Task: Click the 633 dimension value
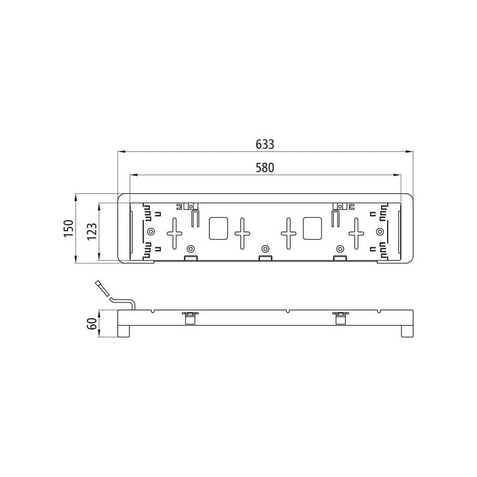tap(265, 144)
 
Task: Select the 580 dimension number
tap(265, 168)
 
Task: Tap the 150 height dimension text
tap(69, 228)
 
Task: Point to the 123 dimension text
tap(92, 231)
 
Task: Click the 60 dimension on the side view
tap(92, 323)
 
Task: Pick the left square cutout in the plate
tap(218, 228)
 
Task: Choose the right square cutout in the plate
tap(312, 228)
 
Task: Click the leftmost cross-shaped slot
tap(175, 234)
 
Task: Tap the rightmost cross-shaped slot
tap(356, 234)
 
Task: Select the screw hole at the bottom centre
tap(265, 249)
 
